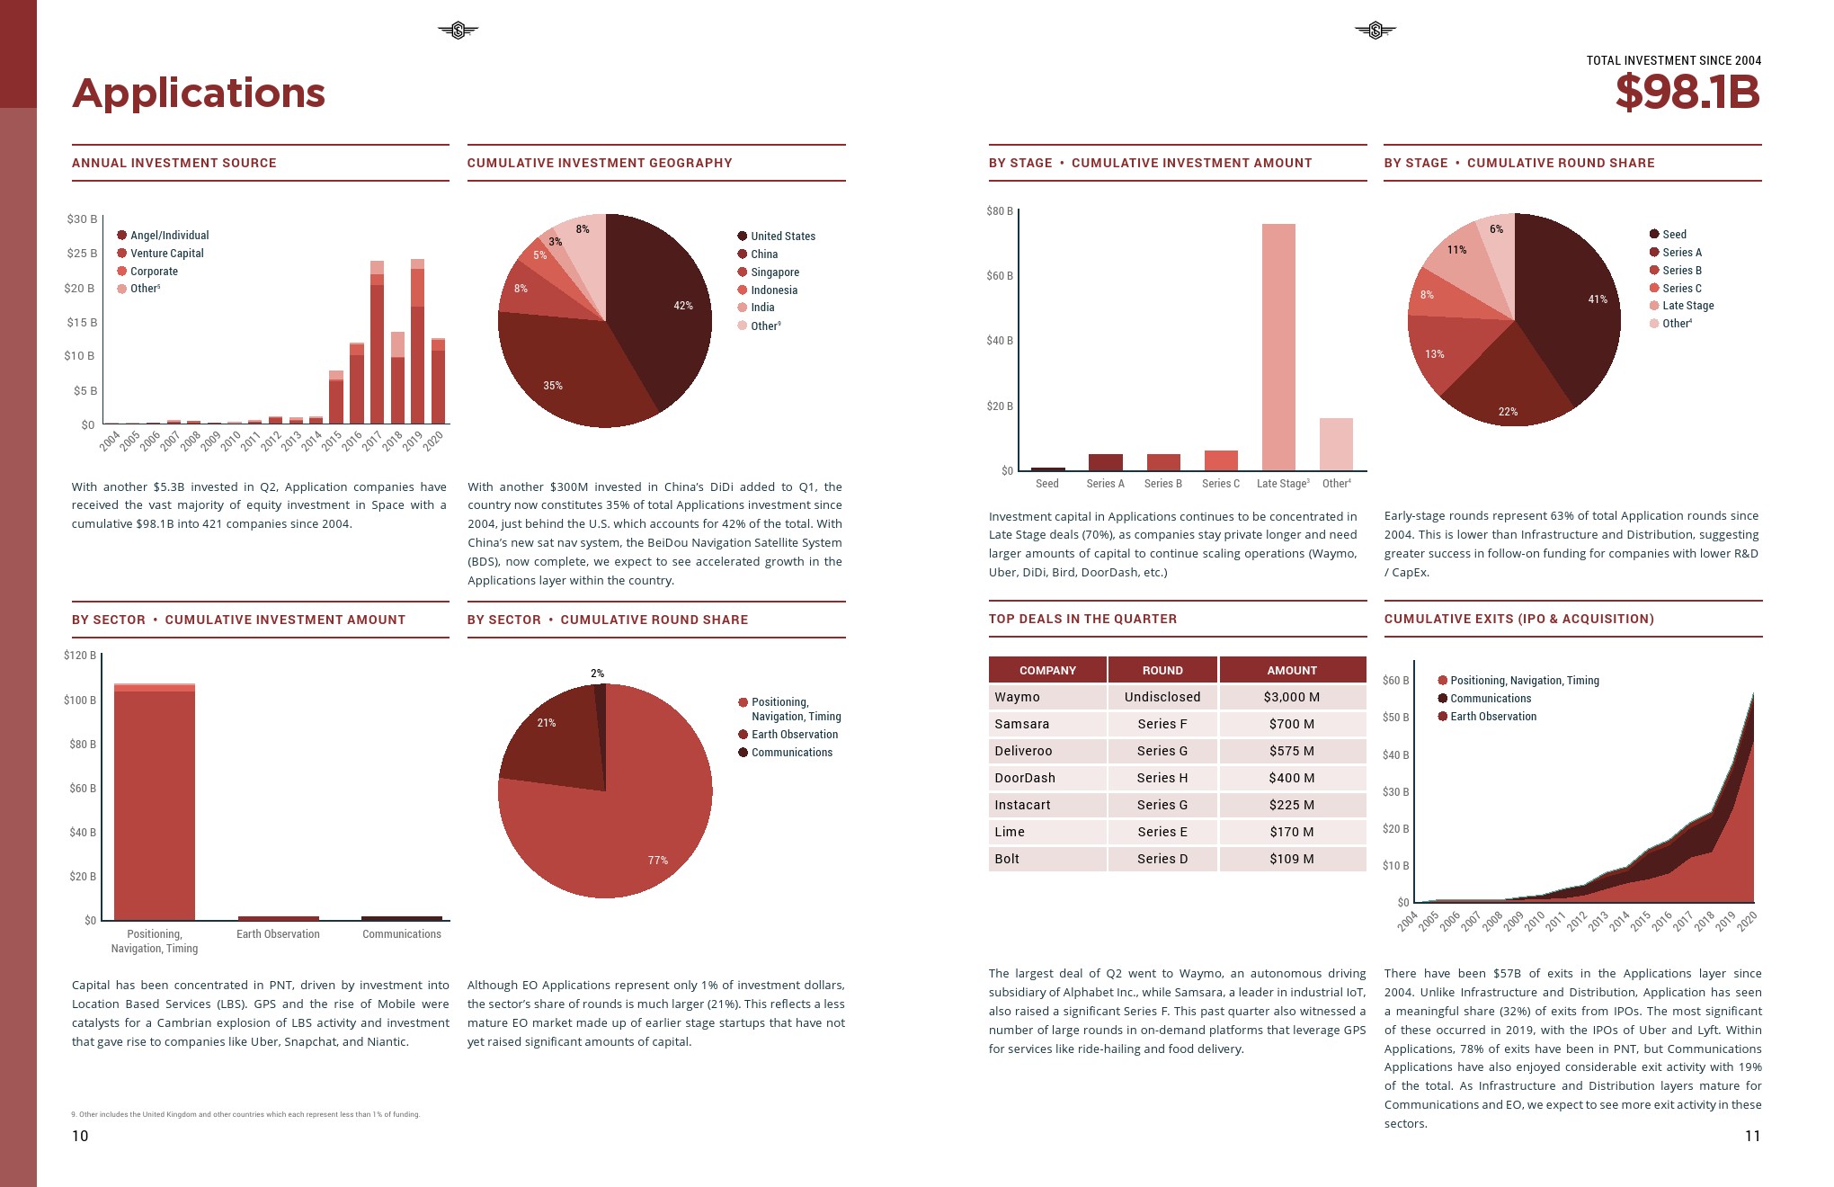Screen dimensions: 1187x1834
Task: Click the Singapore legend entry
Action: click(x=774, y=272)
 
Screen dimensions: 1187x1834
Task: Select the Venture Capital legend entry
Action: click(x=166, y=254)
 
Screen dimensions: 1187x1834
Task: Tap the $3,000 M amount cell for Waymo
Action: click(x=1292, y=697)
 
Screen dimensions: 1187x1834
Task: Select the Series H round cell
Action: click(x=1162, y=778)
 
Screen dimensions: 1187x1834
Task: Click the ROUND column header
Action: click(x=1162, y=670)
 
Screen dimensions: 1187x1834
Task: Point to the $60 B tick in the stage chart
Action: click(x=999, y=276)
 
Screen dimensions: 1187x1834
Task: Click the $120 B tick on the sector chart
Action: click(x=79, y=656)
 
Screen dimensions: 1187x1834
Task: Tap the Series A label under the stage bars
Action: click(x=1105, y=484)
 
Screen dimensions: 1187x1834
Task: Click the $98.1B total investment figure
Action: click(x=1687, y=93)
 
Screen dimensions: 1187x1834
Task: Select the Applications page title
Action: click(x=199, y=94)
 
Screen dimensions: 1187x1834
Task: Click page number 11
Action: click(x=1751, y=1136)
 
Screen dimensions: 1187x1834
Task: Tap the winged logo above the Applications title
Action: click(x=458, y=31)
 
